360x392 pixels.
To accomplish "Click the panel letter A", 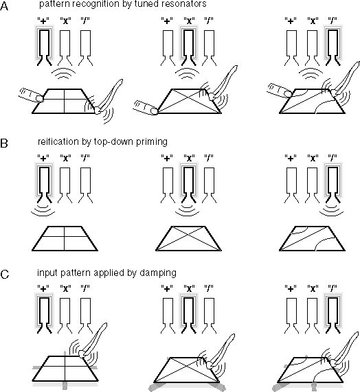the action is pyautogui.click(x=4, y=6).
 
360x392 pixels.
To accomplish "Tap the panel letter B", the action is pyautogui.click(x=4, y=143).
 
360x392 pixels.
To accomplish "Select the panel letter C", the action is pyautogui.click(x=5, y=275).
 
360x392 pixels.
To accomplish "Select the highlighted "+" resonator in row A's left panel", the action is pyautogui.click(x=44, y=45).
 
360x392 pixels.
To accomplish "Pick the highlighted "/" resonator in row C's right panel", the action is pyautogui.click(x=333, y=312).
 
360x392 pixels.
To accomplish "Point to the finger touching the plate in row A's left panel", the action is pyautogui.click(x=32, y=95).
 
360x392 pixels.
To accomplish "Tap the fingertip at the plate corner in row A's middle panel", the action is pyautogui.click(x=154, y=111).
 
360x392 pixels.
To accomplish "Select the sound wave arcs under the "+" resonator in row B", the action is pyautogui.click(x=43, y=210).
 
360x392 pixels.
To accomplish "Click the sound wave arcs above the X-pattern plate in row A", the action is pyautogui.click(x=187, y=73).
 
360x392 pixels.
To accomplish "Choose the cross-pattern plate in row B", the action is pyautogui.click(x=65, y=238).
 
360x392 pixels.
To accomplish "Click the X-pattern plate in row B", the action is pyautogui.click(x=188, y=238).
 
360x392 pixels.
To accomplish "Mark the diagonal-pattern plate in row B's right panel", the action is pyautogui.click(x=312, y=238).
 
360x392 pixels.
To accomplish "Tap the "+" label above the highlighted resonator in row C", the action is pyautogui.click(x=43, y=289).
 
